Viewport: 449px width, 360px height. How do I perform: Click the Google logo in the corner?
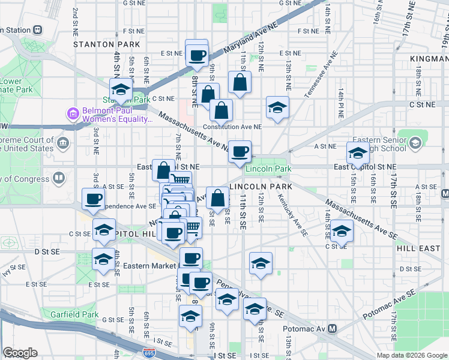[x=20, y=353]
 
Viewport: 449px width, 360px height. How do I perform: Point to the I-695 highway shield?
[x=148, y=353]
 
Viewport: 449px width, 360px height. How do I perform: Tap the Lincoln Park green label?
[x=268, y=169]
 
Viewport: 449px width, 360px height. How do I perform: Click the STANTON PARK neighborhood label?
[x=107, y=44]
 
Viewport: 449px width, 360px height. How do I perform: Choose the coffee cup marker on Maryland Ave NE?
[x=197, y=55]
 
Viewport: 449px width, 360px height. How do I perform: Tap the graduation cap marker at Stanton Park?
[x=121, y=91]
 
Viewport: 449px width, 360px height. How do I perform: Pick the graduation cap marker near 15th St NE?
[x=358, y=153]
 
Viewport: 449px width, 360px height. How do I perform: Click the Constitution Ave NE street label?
[x=232, y=127]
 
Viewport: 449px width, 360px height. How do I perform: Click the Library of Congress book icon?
[x=59, y=178]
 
